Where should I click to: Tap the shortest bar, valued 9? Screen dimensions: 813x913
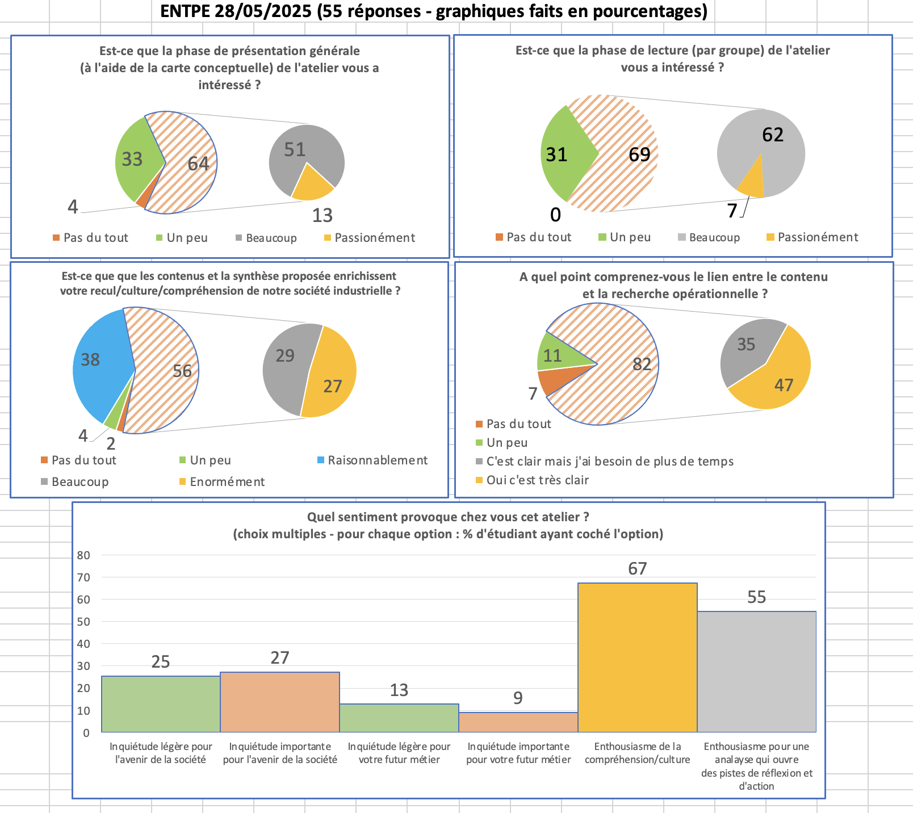point(518,722)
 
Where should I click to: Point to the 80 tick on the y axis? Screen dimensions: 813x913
point(83,555)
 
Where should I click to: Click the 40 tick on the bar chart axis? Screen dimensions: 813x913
point(83,644)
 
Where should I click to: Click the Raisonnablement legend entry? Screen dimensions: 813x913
point(377,460)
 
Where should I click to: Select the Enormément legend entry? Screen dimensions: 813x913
point(227,482)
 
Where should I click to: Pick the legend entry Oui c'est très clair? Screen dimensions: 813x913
point(537,480)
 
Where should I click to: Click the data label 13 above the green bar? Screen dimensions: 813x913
point(399,690)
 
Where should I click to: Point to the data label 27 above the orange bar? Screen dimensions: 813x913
point(279,657)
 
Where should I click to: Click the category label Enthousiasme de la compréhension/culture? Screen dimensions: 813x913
point(637,753)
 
